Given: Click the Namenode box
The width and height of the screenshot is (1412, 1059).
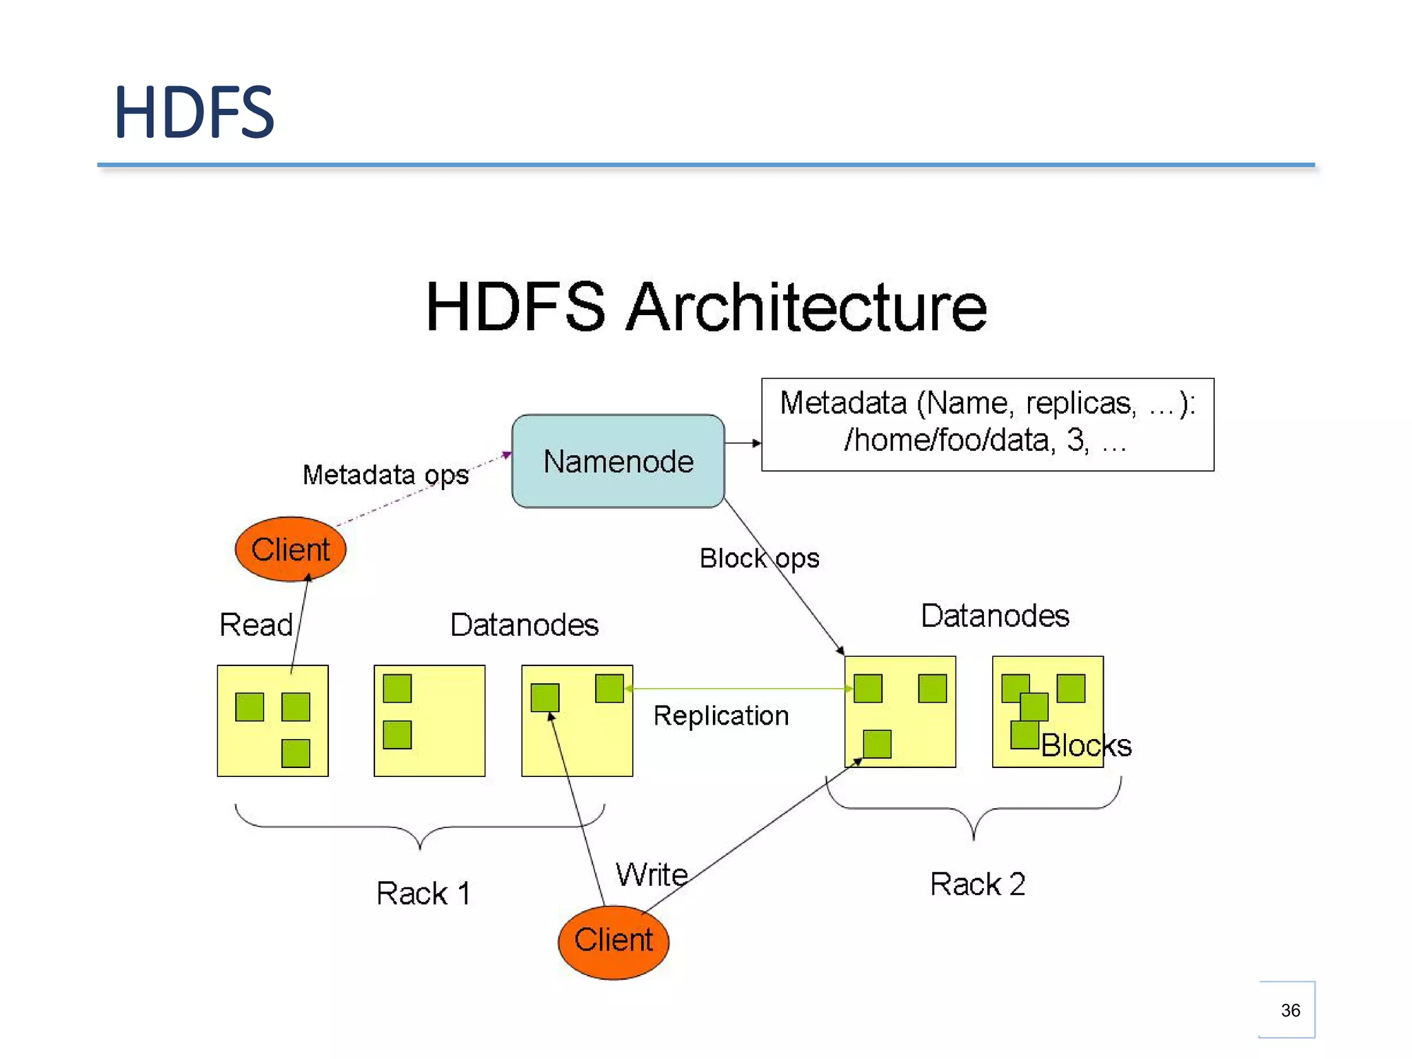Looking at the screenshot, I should [x=618, y=461].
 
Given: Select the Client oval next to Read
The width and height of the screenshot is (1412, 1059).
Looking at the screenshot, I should [x=290, y=549].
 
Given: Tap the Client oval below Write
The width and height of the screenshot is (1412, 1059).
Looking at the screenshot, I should [x=613, y=941].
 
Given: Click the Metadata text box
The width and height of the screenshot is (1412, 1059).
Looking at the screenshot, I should [x=987, y=424].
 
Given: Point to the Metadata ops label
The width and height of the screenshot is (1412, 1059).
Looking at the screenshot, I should [x=385, y=475].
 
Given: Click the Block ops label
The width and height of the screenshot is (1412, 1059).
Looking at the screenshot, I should [x=759, y=558].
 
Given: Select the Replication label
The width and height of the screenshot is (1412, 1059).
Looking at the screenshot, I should [x=721, y=716].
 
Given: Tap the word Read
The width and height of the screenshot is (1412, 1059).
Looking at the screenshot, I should [x=256, y=625].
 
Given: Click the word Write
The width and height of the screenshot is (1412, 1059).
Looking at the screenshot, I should [x=652, y=875].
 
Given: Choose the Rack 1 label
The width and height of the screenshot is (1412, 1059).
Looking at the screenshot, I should [x=423, y=894].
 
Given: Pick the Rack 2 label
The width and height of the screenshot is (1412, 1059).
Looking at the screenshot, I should [x=978, y=885].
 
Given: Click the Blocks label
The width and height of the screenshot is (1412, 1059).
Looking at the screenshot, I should [x=1086, y=745].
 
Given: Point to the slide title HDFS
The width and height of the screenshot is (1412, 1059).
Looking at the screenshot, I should [x=194, y=112].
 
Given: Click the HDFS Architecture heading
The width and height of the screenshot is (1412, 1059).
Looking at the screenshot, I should [x=706, y=307].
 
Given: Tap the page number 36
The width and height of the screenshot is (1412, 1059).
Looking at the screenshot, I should [x=1290, y=1010].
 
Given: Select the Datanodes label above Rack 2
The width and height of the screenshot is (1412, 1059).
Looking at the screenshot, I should [x=995, y=616].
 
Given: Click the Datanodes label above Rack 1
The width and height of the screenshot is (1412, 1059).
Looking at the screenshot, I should [x=524, y=625].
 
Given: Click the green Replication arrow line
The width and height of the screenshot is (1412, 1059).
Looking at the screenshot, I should [x=738, y=688].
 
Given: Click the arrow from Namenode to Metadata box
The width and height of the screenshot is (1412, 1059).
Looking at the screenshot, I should [x=743, y=443].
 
